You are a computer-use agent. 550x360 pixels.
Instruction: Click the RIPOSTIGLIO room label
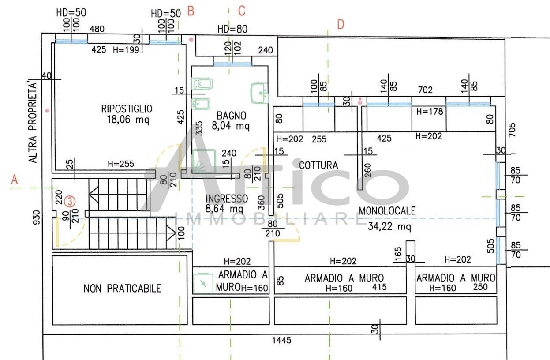click(x=127, y=109)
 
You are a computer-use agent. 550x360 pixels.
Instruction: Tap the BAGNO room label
click(x=231, y=116)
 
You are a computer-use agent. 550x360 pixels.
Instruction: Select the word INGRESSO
click(x=227, y=199)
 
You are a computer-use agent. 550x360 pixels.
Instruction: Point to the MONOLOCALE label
click(x=387, y=211)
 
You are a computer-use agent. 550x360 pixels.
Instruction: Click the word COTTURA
click(x=318, y=165)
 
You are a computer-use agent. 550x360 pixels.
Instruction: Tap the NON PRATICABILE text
click(x=122, y=289)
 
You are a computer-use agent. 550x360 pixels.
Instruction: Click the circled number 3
click(x=70, y=202)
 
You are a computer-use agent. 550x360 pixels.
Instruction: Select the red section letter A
click(x=15, y=180)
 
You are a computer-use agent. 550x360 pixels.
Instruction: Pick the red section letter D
click(x=340, y=25)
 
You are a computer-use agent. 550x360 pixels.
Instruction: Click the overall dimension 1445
click(x=282, y=340)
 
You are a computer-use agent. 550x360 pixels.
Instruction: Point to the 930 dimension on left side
click(x=37, y=217)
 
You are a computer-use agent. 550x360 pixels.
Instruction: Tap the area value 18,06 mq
click(x=128, y=120)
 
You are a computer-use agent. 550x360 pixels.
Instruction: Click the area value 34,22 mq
click(x=389, y=226)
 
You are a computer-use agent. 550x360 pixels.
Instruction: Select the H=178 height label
click(x=430, y=112)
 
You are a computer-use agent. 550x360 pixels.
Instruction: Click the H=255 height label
click(x=121, y=164)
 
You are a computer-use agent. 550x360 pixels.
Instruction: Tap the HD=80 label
click(x=232, y=29)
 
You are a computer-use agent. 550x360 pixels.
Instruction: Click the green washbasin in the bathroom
click(x=259, y=93)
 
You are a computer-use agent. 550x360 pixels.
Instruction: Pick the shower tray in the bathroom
click(x=204, y=161)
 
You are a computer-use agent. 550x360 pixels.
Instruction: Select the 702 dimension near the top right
click(x=425, y=90)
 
